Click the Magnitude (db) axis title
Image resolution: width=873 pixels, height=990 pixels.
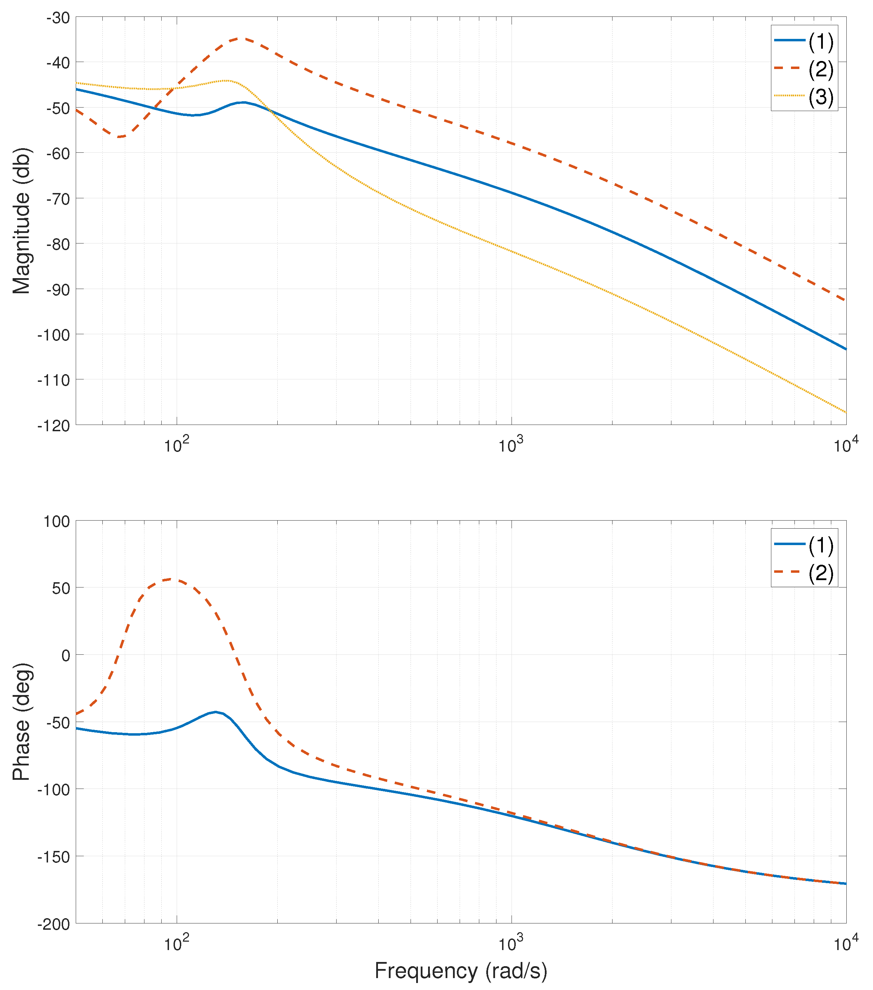pos(21,221)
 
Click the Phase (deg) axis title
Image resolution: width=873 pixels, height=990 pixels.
pos(21,722)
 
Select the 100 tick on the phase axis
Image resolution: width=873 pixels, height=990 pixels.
pos(57,522)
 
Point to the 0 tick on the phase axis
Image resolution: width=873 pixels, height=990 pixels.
pos(66,656)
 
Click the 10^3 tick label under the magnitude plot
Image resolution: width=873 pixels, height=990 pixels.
pos(511,445)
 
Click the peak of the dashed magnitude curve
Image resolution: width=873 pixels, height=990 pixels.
pos(241,38)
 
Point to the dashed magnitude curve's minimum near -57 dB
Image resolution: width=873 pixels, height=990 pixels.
pos(119,137)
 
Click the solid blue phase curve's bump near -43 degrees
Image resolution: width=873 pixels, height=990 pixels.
pos(215,712)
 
